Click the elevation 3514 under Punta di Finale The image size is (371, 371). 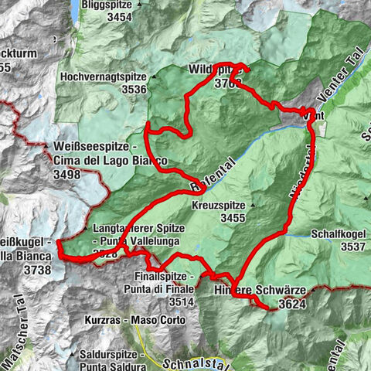tap(175, 301)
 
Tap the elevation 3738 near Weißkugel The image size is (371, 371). tap(37, 270)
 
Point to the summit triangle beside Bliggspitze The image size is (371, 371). tap(140, 5)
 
